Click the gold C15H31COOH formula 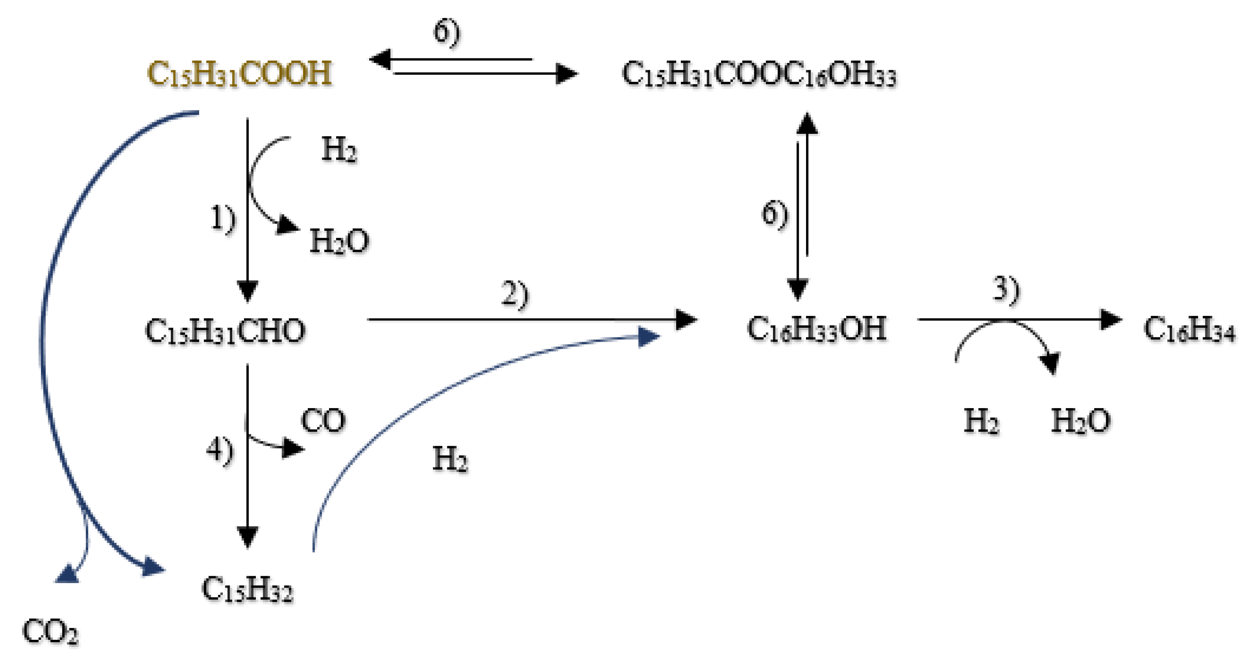click(239, 74)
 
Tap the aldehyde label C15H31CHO click(225, 331)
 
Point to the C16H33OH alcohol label click(816, 329)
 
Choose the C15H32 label click(247, 589)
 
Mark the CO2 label click(50, 632)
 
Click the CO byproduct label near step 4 click(323, 421)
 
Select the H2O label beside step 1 click(339, 241)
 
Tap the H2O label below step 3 click(1081, 421)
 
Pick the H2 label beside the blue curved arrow click(450, 459)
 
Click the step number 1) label click(223, 218)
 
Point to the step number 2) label click(515, 295)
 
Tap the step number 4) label click(220, 451)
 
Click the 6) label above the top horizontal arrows click(447, 33)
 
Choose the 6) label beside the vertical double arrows click(775, 215)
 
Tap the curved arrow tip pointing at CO click(294, 448)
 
